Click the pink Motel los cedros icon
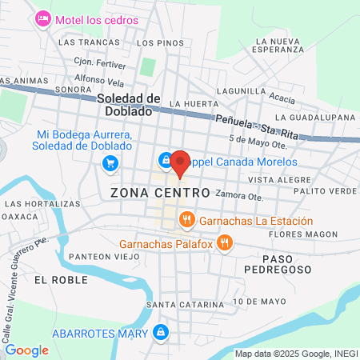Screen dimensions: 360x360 tap(43, 18)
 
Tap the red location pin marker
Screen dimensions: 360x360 tap(180, 163)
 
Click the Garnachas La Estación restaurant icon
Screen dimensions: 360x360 tap(186, 218)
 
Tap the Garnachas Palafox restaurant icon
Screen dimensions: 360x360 tap(225, 242)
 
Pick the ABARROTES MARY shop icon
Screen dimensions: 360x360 tap(161, 331)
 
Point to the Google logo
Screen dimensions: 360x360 tap(26, 350)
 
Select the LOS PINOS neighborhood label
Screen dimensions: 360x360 tap(155, 42)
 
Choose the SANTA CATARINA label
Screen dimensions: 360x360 tap(178, 305)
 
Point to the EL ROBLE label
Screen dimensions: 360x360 tap(54, 280)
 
